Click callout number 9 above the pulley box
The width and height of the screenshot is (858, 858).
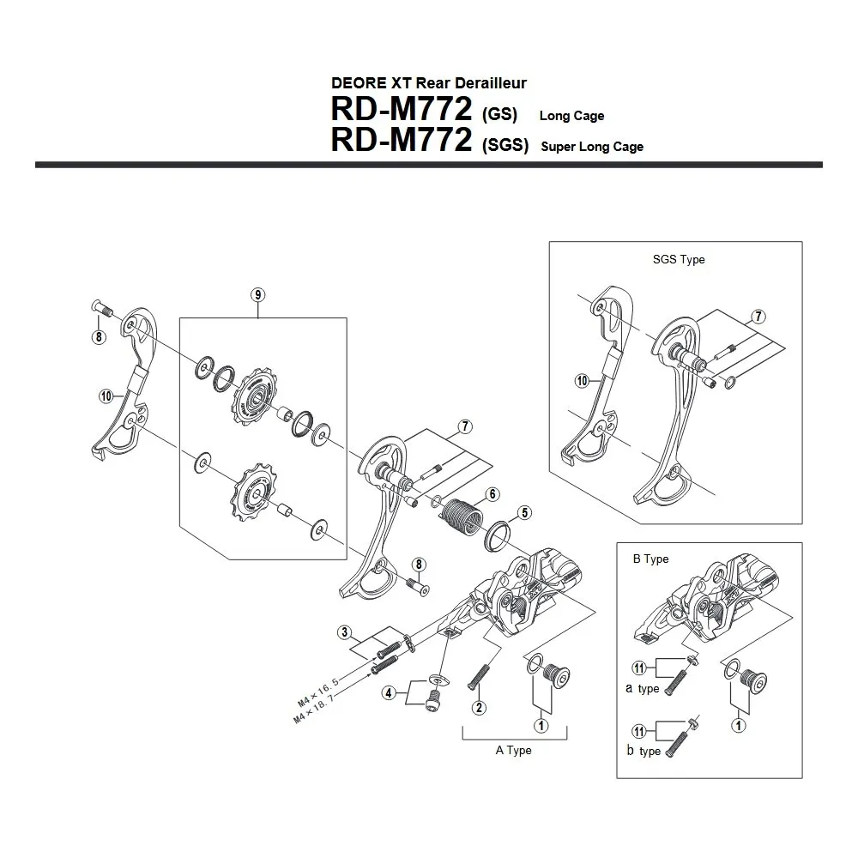click(258, 294)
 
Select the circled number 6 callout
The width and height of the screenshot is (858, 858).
click(492, 493)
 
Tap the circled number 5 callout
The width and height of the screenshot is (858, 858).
click(524, 513)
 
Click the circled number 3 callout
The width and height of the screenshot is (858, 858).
click(346, 633)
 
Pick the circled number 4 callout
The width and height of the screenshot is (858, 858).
click(390, 692)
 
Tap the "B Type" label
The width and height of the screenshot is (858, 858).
click(650, 559)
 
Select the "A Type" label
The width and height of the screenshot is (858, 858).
click(513, 750)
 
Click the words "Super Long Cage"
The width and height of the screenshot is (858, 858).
click(592, 147)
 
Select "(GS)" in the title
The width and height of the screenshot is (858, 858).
click(498, 115)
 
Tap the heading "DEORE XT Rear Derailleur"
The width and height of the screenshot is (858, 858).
click(428, 83)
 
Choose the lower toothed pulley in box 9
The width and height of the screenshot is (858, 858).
click(250, 490)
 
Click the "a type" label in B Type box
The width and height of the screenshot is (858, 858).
click(643, 688)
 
